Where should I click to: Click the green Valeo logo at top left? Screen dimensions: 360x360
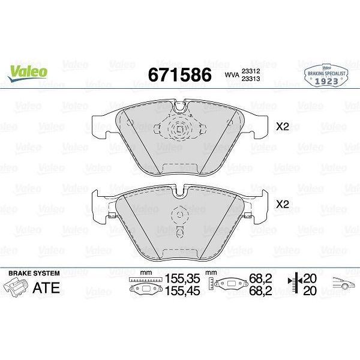click(x=29, y=71)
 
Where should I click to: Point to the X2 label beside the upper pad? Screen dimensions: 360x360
click(x=283, y=127)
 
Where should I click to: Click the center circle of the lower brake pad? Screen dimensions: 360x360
click(x=179, y=215)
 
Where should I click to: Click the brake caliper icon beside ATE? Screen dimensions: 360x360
click(x=17, y=287)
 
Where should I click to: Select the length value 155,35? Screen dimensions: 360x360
click(x=181, y=279)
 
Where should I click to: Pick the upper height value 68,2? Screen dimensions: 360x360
click(x=260, y=279)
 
